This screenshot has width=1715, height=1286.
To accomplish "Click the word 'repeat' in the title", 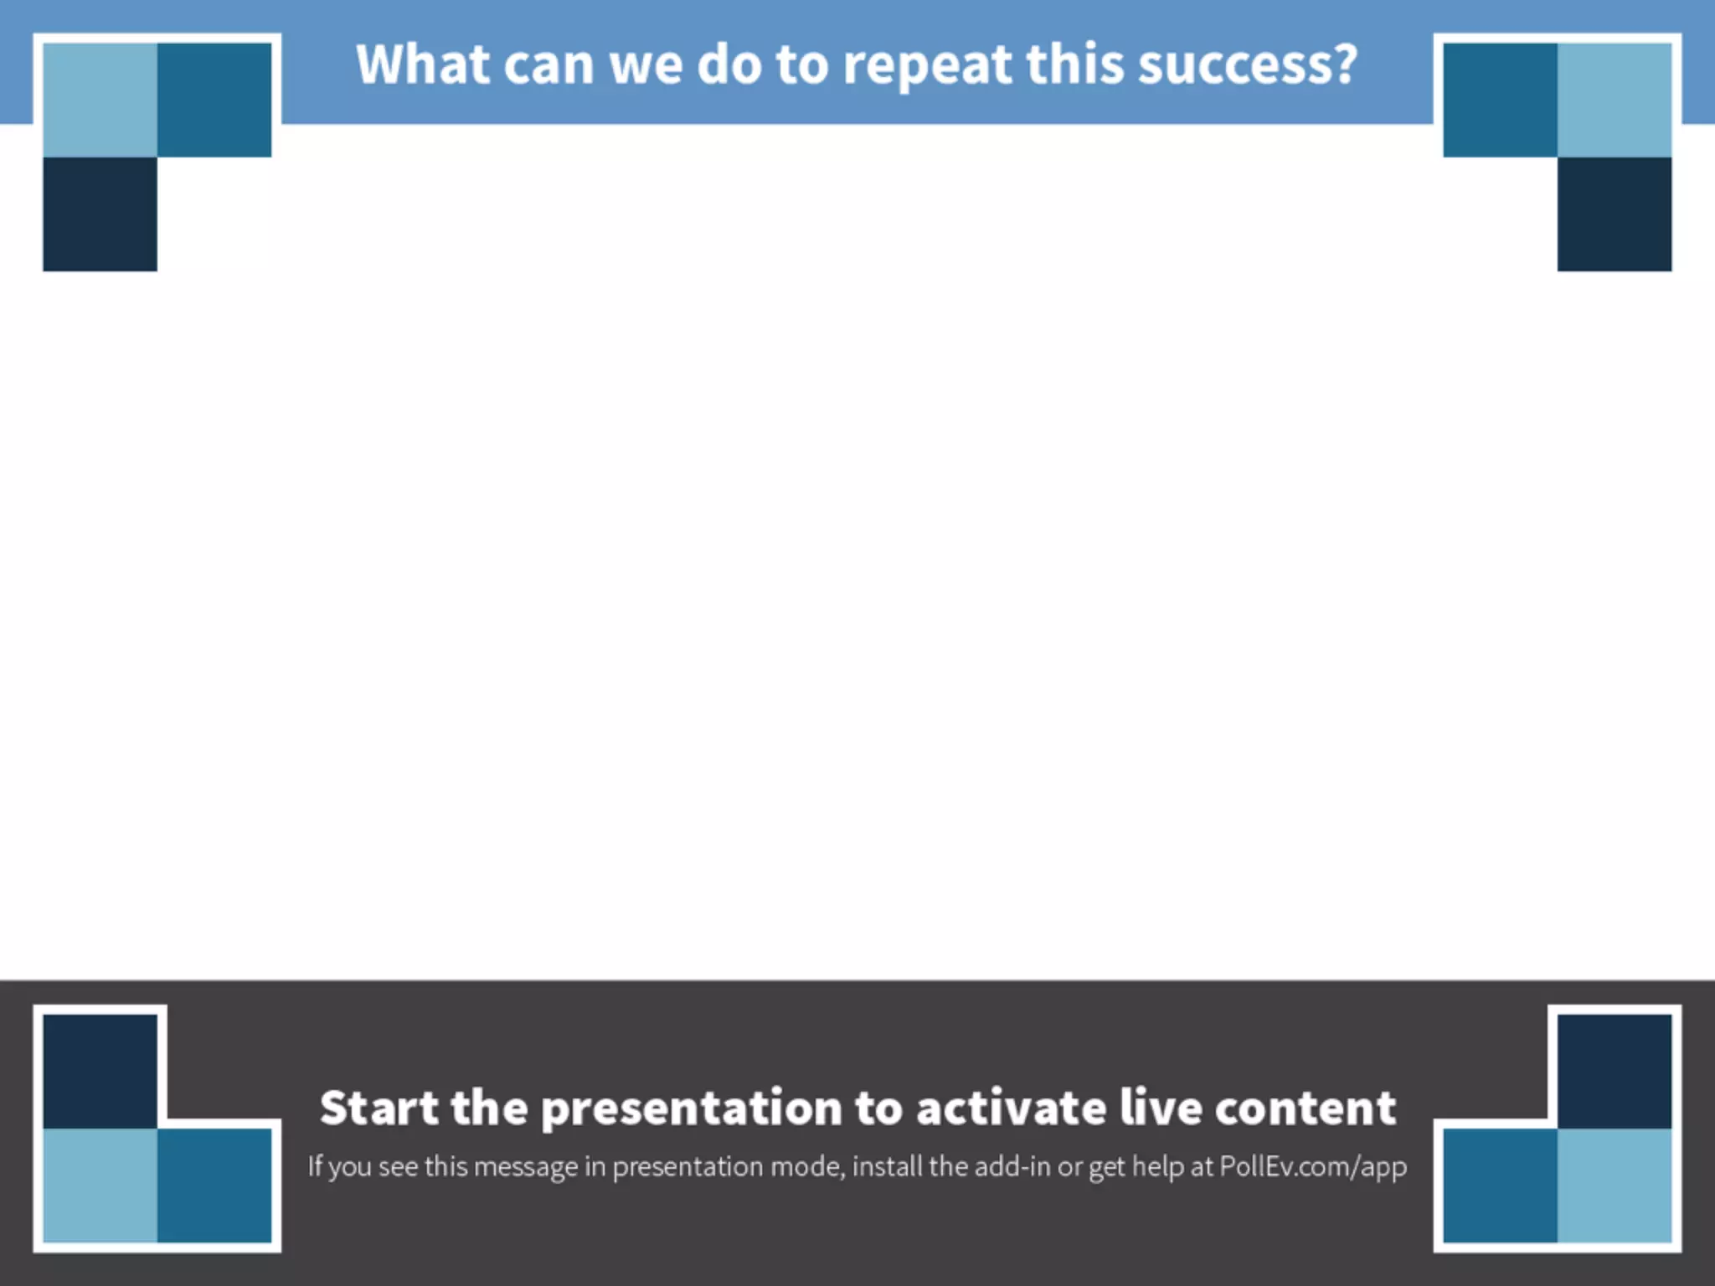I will (x=927, y=66).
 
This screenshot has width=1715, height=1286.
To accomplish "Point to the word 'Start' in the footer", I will (x=379, y=1108).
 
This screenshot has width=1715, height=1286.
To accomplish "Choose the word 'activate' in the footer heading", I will (x=1011, y=1108).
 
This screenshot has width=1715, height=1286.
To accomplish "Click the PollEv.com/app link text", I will (x=1312, y=1166).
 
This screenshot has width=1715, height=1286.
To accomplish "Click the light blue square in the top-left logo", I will (x=100, y=100).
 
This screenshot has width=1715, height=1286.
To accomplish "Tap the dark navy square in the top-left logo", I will (x=100, y=214).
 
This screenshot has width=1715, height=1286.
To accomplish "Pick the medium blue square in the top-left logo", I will (x=214, y=100).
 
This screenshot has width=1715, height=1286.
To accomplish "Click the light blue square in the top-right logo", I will (x=1615, y=100).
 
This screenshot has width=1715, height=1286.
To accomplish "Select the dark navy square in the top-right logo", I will (x=1615, y=214).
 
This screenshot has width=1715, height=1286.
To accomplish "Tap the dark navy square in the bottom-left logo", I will (x=100, y=1071).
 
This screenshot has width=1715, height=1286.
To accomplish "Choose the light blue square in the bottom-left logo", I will (x=100, y=1186).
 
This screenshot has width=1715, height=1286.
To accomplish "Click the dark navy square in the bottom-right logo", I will (x=1615, y=1071).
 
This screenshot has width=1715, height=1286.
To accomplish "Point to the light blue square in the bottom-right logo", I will (x=1615, y=1186).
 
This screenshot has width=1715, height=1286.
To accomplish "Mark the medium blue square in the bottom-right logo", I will (x=1500, y=1186).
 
